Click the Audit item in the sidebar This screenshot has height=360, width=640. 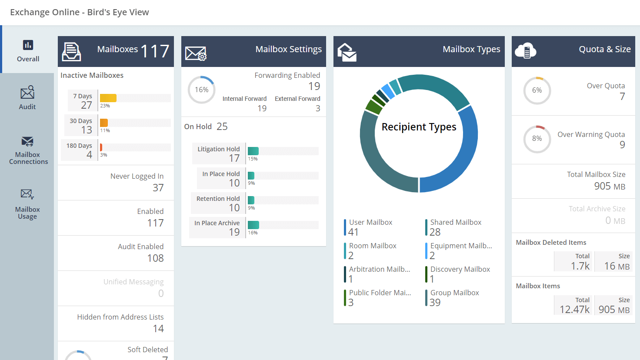[x=27, y=98]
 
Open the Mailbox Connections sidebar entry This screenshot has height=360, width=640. [x=28, y=150]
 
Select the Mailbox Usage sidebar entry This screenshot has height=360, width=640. [x=27, y=204]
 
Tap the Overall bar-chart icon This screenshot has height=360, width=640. [x=28, y=45]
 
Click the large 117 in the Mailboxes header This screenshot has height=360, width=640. [x=155, y=51]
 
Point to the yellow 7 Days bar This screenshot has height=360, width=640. [x=108, y=98]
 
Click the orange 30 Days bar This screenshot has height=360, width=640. [x=104, y=123]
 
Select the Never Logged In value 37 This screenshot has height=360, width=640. [x=158, y=188]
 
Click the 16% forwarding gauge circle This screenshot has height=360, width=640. [x=201, y=90]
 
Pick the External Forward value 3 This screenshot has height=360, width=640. [x=317, y=108]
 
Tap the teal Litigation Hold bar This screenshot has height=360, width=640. [x=253, y=151]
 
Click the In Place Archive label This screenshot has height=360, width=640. [x=217, y=223]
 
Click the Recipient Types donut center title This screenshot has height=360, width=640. [x=419, y=127]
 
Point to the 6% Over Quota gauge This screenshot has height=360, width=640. [x=537, y=90]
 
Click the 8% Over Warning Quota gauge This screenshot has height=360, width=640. [x=537, y=139]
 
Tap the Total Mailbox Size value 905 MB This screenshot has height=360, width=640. [x=609, y=186]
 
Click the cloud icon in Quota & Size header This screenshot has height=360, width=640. [x=525, y=51]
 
